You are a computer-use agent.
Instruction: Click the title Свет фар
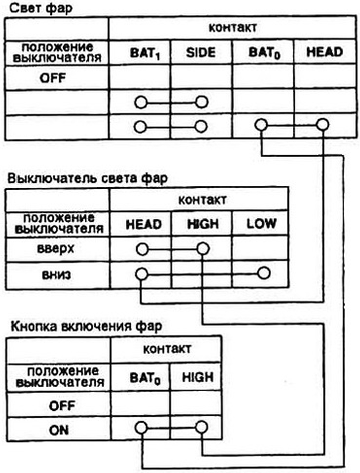[41, 8]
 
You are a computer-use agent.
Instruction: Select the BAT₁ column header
[144, 53]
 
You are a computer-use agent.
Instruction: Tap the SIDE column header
[201, 53]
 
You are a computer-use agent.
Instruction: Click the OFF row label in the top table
[53, 78]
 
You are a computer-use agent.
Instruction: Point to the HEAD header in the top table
[324, 52]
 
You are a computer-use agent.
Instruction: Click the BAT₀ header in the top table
[264, 53]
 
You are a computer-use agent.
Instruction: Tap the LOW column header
[261, 224]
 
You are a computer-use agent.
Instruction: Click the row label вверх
[56, 249]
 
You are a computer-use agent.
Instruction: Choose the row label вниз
[57, 274]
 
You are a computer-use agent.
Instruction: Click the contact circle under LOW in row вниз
[264, 273]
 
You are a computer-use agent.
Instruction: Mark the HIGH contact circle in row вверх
[203, 249]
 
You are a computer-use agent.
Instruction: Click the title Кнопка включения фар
[86, 326]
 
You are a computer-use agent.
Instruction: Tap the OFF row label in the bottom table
[62, 405]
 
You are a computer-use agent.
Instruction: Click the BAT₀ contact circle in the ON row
[141, 428]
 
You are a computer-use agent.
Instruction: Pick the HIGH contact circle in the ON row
[201, 427]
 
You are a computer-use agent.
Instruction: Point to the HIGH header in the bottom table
[198, 377]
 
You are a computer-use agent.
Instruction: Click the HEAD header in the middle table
[144, 225]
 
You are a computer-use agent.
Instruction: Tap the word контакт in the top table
[233, 28]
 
